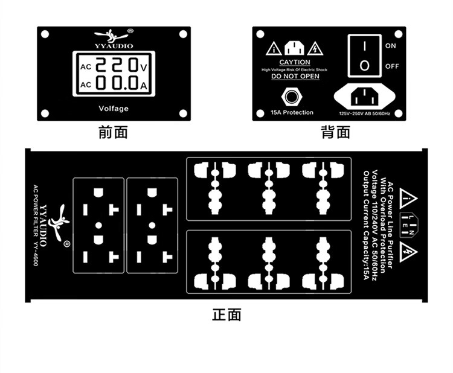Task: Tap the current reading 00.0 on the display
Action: coord(117,83)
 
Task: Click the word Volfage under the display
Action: coord(114,109)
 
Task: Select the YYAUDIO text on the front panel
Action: coord(114,45)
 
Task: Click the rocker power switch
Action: coord(364,56)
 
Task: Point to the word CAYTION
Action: coord(295,62)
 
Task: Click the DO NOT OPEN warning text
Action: coord(295,77)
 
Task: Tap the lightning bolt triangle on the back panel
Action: coord(314,48)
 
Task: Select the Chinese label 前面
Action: coord(113,132)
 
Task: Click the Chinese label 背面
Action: coord(336,132)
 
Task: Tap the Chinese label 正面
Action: coord(226,314)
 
